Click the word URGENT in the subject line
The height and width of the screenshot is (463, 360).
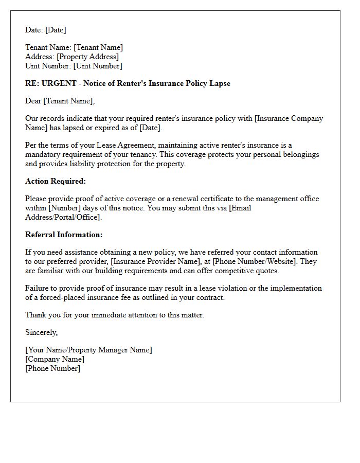tap(58, 83)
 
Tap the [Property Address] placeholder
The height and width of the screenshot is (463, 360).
tap(87, 57)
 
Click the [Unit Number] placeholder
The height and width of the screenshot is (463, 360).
tap(98, 66)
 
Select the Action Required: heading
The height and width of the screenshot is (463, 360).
tap(56, 181)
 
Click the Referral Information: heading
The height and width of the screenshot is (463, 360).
tap(64, 235)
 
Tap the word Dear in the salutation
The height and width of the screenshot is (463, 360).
tap(34, 101)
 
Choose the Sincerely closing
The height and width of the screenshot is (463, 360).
tap(41, 332)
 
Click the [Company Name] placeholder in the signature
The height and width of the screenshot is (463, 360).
tap(55, 359)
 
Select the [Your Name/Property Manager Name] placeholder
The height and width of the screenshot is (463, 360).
tap(88, 350)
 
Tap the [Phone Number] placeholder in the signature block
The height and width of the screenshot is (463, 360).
tap(52, 368)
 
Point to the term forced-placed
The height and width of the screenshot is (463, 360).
tap(58, 297)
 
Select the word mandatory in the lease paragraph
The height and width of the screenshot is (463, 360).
tap(45, 154)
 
